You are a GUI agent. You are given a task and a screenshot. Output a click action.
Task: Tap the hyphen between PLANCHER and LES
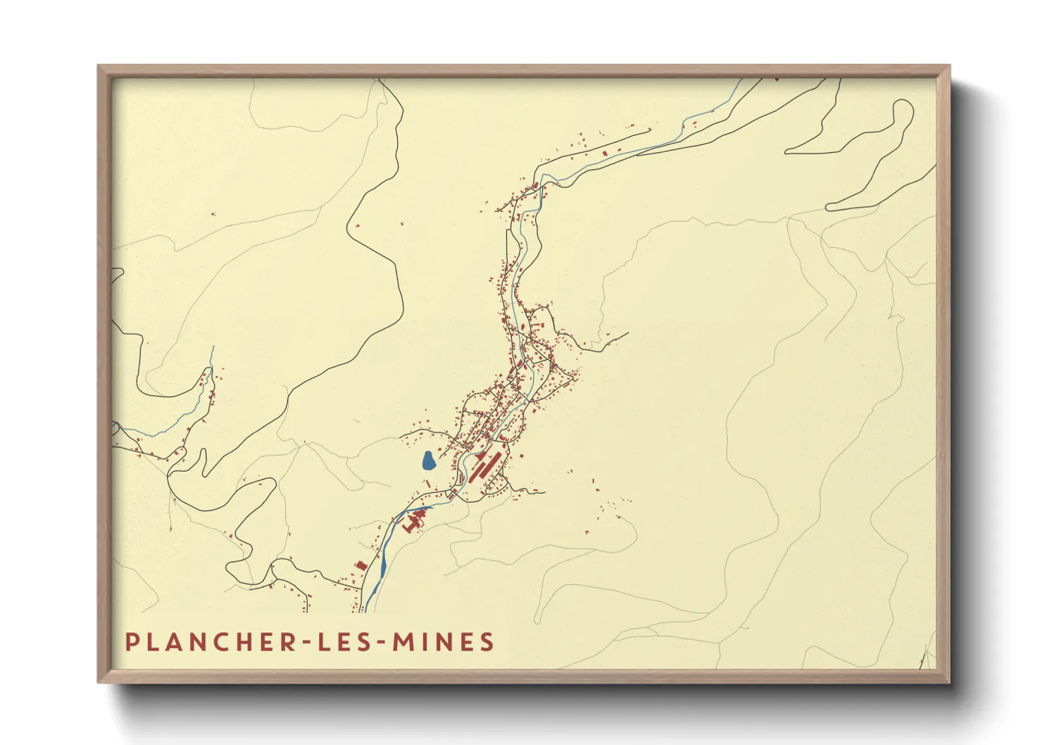click(x=308, y=644)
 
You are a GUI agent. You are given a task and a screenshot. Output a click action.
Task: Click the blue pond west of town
click(x=428, y=461)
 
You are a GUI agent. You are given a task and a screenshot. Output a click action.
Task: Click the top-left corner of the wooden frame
click(x=99, y=67)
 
